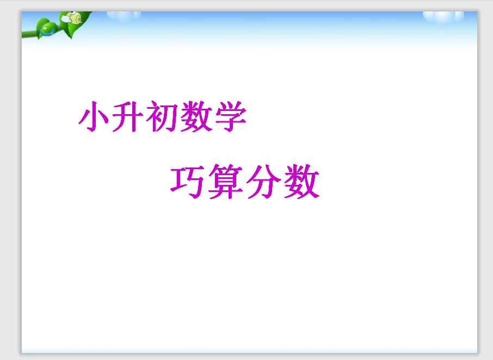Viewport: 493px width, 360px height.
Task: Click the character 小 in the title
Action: coord(94,116)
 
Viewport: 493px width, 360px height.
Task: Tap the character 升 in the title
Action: coord(127,116)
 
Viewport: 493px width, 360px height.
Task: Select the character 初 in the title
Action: coord(162,116)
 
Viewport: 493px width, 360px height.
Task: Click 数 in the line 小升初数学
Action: coord(196,116)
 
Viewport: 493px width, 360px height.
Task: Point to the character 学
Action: coord(231,116)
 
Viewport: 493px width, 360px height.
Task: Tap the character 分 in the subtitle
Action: coord(263,182)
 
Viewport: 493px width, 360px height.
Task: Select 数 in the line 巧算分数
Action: coord(301,182)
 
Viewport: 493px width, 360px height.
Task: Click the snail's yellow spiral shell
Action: coord(76,18)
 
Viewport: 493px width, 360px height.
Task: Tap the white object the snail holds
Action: coord(65,19)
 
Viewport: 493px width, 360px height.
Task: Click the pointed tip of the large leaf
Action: coord(71,38)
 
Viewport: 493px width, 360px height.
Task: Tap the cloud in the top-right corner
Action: coord(443,16)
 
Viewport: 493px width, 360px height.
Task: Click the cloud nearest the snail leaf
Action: coord(124,16)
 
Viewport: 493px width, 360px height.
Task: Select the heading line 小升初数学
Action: coord(162,116)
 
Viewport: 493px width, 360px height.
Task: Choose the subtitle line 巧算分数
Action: coord(245,182)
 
